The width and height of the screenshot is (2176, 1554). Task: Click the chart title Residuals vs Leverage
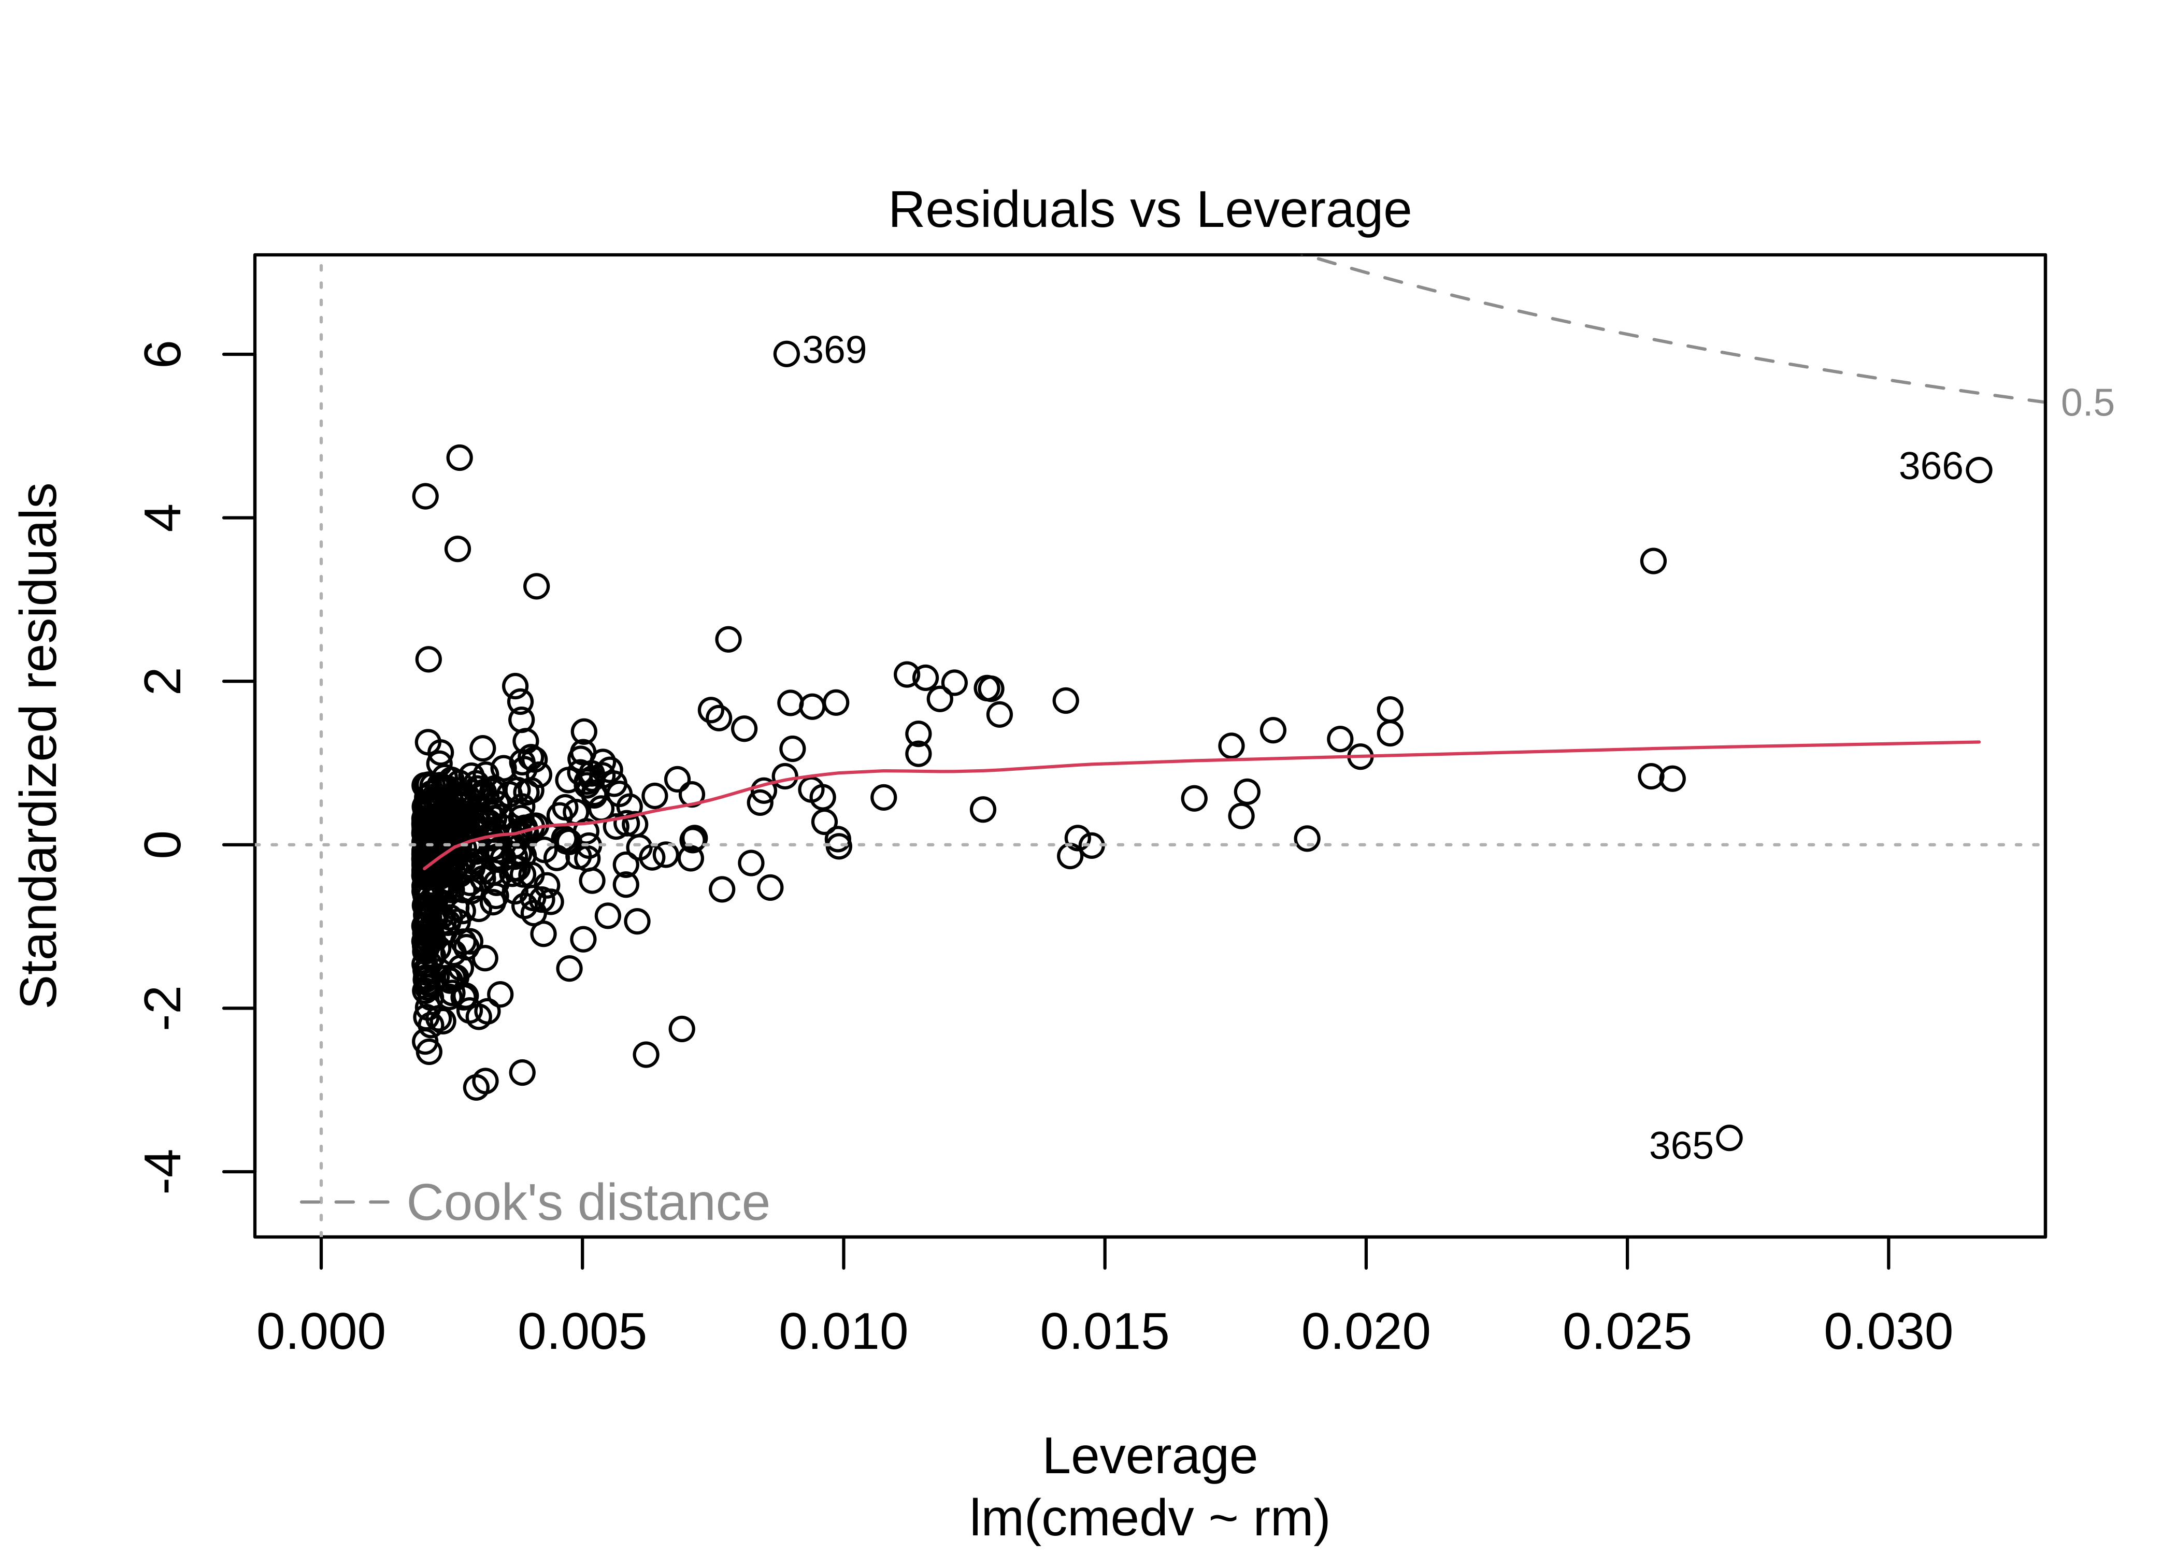(1149, 210)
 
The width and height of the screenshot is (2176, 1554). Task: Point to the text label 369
(835, 351)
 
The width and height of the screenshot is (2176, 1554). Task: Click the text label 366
(1930, 467)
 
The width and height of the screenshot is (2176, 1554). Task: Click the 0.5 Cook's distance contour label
(2087, 404)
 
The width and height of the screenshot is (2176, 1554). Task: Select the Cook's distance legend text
(588, 1203)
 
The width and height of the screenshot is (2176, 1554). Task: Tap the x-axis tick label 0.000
(321, 1332)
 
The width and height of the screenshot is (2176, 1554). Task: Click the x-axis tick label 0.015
(1104, 1332)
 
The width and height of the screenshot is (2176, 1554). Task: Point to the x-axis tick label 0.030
(1888, 1332)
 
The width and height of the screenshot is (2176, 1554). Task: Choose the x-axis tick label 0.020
(1366, 1332)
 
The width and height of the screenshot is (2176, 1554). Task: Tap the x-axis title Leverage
(1149, 1457)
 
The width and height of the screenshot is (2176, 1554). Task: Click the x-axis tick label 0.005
(582, 1332)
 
